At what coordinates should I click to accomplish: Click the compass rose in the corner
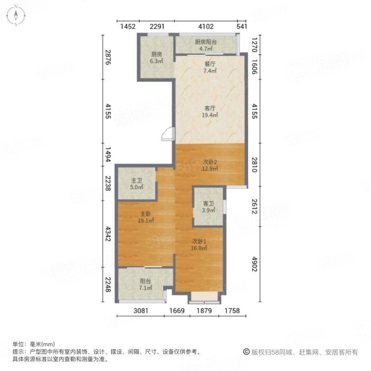pos(16,16)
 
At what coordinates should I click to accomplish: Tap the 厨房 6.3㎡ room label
pos(156,58)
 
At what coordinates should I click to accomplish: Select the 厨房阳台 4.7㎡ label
pos(205,45)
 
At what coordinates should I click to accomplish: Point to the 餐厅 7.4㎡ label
pos(210,67)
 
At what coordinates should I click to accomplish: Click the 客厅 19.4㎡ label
pos(210,112)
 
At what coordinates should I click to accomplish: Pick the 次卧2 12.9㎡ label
pos(210,165)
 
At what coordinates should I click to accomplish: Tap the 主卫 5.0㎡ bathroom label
pos(136,184)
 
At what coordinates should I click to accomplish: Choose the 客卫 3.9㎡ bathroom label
pos(208,207)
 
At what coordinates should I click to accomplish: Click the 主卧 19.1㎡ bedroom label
pos(146,217)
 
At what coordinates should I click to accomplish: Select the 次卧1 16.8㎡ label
pos(199,245)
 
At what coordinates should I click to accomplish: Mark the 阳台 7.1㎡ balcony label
pos(145,284)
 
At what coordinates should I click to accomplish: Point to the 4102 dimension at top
pos(206,26)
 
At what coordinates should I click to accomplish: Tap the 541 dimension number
pos(242,26)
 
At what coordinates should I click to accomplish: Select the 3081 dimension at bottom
pos(141,310)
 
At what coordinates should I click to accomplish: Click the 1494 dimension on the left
pos(108,154)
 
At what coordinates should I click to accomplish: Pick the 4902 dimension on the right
pos(254,264)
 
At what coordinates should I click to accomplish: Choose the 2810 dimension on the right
pos(254,165)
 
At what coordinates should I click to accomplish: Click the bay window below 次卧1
pos(205,298)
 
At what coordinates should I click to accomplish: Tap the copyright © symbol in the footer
pos(246,352)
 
